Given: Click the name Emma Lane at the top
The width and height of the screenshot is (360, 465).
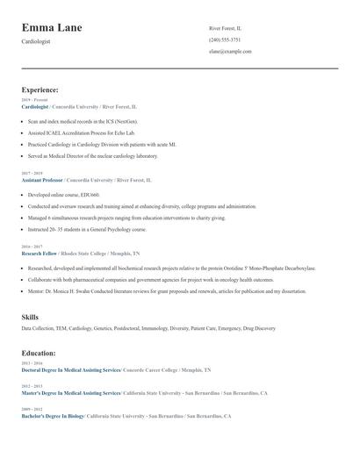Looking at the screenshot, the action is click(x=52, y=28).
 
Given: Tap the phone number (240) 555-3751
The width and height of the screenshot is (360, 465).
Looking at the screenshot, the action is click(x=225, y=39).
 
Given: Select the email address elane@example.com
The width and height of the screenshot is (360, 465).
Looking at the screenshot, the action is click(x=230, y=51).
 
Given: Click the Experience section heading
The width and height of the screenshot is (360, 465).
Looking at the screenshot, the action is click(x=40, y=89).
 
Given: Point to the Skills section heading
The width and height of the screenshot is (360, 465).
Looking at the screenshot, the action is click(x=30, y=317).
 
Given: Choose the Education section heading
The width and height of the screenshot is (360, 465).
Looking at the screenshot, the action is click(x=39, y=353).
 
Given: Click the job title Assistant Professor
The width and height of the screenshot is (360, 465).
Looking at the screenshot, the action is click(x=42, y=180).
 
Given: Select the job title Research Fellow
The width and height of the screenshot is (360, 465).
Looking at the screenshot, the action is click(x=38, y=253).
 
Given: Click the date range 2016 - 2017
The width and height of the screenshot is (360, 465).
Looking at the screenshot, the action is click(x=31, y=247).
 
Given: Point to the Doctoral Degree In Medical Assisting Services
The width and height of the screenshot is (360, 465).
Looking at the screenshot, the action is click(x=70, y=370).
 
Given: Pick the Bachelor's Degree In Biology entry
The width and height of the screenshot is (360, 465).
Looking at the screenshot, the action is click(x=53, y=416).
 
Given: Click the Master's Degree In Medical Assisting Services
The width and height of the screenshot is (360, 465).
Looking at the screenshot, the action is click(x=71, y=393).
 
